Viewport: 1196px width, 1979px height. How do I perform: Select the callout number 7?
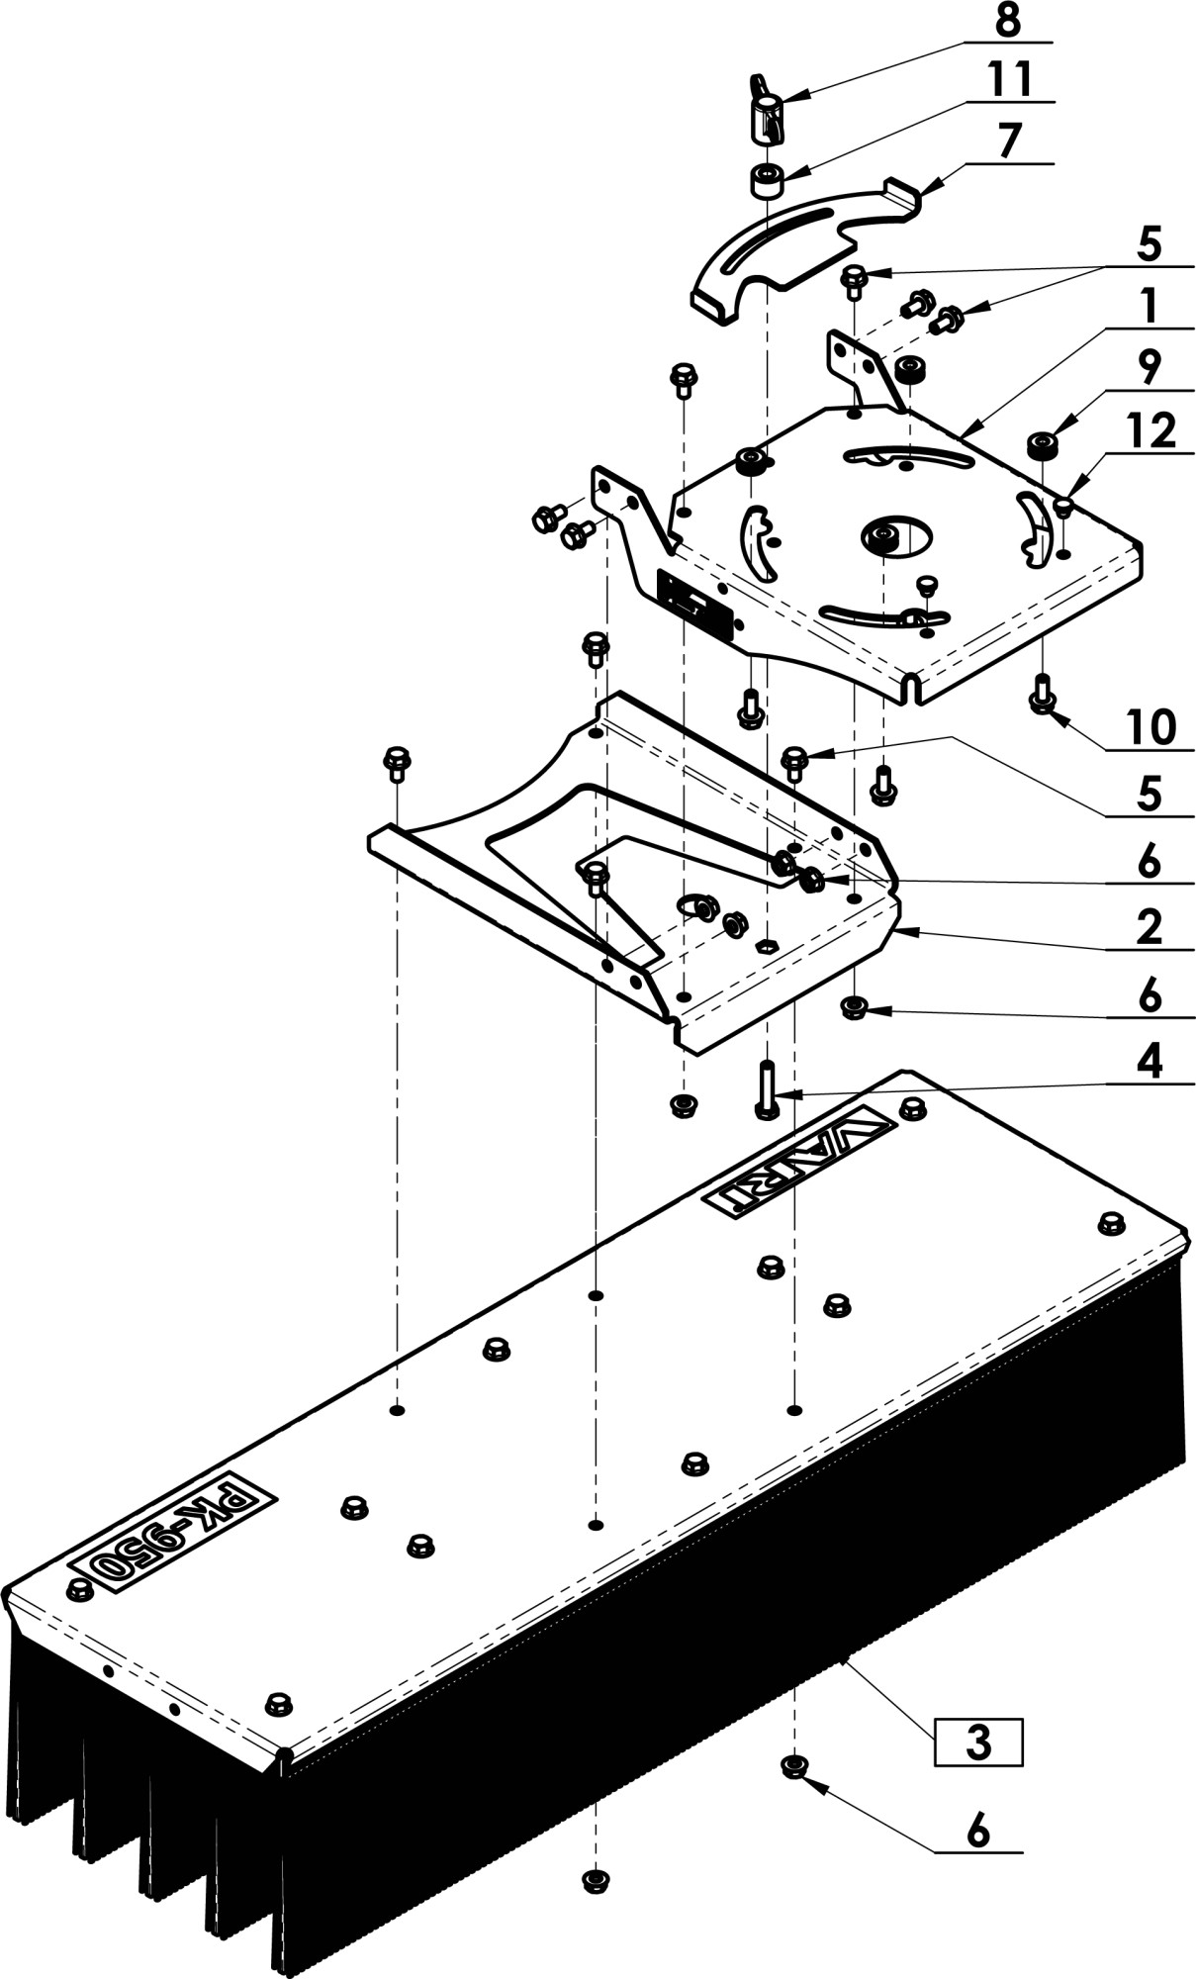[1007, 141]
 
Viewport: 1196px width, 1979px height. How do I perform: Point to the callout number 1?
[1148, 307]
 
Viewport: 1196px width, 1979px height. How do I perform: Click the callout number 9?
[1149, 368]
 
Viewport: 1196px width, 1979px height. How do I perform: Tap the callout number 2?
[1149, 928]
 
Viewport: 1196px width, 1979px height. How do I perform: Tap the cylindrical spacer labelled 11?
[766, 182]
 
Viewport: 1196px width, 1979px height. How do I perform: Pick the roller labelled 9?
[1042, 445]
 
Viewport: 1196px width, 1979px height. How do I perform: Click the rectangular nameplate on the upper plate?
[695, 606]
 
